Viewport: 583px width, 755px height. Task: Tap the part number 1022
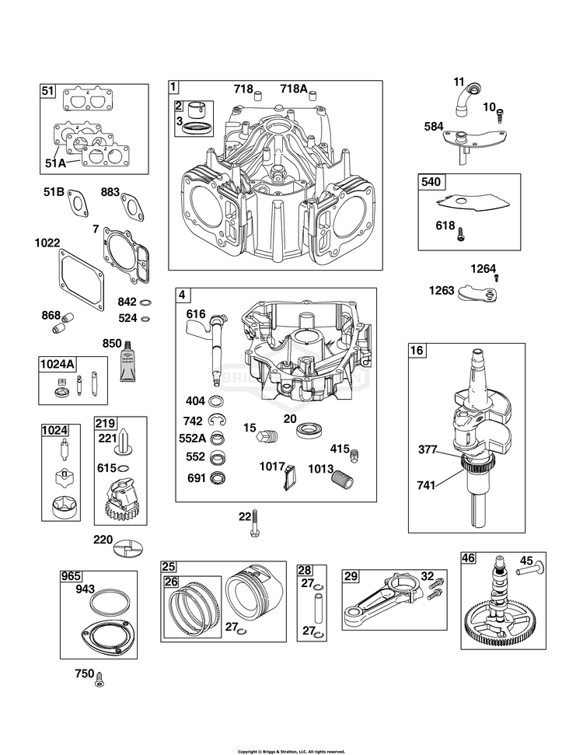(47, 243)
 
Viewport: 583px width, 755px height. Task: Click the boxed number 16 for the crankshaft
(417, 351)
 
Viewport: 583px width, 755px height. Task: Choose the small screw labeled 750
(99, 681)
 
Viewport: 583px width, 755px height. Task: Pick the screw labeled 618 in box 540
(462, 231)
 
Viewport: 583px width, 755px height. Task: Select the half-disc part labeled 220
(129, 547)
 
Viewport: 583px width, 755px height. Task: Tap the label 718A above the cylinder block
(294, 89)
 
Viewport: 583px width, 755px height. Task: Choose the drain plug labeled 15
(267, 439)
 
